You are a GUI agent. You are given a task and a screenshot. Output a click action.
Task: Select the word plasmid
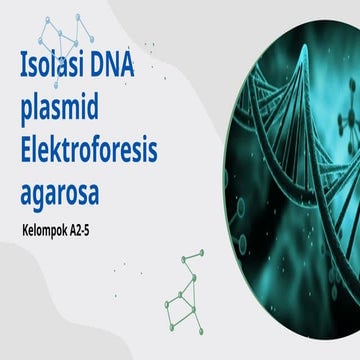[65, 112]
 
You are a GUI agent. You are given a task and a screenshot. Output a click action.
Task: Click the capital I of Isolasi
[24, 71]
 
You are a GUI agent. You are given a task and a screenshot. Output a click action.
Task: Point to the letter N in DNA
[133, 71]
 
